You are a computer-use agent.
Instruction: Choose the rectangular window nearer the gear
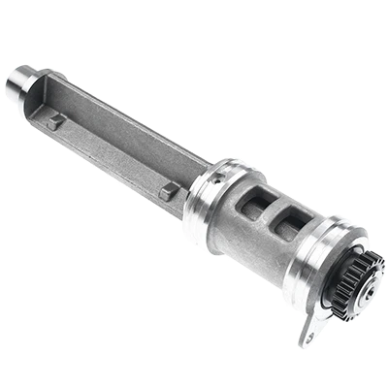pyautogui.click(x=283, y=227)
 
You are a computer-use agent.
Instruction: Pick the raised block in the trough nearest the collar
pyautogui.click(x=167, y=191)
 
